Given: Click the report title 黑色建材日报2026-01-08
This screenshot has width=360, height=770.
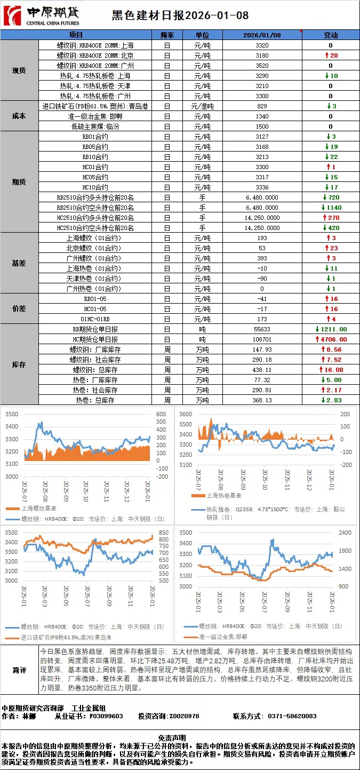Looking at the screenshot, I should [x=180, y=15].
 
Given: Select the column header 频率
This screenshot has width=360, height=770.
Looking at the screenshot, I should [x=167, y=35].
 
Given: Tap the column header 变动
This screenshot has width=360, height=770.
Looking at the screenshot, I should [x=331, y=35].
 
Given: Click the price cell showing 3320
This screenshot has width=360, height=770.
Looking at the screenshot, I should [x=262, y=45].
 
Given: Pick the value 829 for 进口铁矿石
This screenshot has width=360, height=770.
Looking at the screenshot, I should [x=262, y=106].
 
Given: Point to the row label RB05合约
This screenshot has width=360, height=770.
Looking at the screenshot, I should [x=95, y=147].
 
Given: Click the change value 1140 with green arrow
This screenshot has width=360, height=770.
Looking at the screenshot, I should [x=331, y=208].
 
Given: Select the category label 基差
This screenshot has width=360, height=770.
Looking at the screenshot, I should [x=19, y=263].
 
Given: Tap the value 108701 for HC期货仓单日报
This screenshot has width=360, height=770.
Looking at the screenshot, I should [x=262, y=339].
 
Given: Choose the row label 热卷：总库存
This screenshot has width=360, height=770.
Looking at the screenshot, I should [x=95, y=400].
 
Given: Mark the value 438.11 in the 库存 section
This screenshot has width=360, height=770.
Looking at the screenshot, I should [x=262, y=370].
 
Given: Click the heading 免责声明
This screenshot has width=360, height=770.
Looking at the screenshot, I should [x=179, y=737].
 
